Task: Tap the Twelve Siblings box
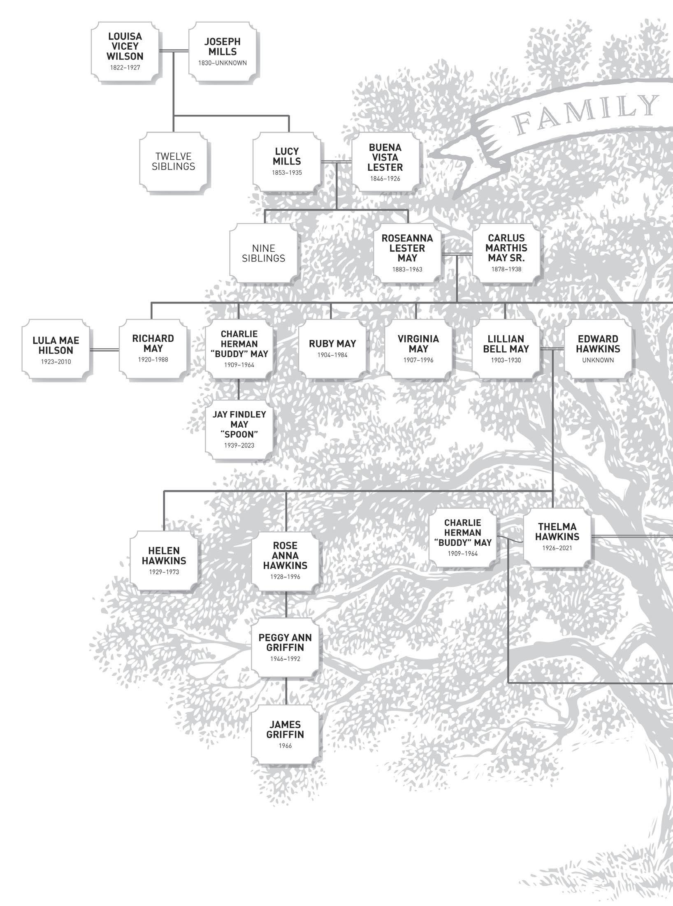pos(173,162)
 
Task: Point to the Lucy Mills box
pos(287,162)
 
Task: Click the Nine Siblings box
pos(264,253)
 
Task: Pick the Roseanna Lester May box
pos(407,253)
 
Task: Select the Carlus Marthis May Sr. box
pos(506,253)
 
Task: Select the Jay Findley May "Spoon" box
pos(239,429)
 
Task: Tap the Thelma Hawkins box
pos(557,537)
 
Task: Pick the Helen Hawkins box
pos(164,560)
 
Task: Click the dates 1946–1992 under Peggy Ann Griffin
pos(285,659)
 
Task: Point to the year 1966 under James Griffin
pos(285,746)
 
